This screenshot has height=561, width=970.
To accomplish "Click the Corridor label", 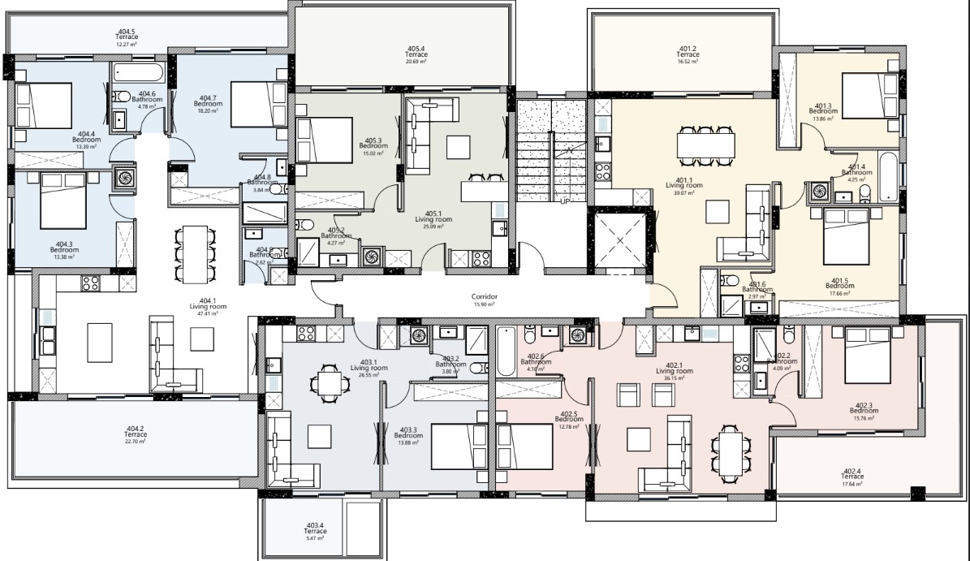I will coord(484,297).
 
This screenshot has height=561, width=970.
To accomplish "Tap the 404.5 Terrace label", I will coord(127,37).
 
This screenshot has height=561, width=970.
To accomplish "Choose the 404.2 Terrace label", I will coord(135,434).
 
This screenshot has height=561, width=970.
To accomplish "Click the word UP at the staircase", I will coord(565,201).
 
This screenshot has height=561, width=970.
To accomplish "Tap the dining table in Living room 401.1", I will coord(706,145).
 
